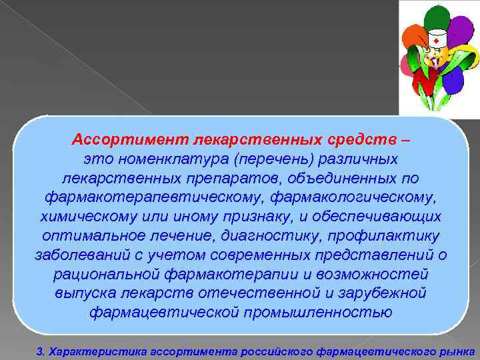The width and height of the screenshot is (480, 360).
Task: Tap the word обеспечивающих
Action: [x=379, y=217]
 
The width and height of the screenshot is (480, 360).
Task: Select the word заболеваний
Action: [x=79, y=255]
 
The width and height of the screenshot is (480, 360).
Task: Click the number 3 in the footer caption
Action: [x=39, y=350]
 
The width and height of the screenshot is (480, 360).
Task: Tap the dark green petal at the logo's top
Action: [x=437, y=17]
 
